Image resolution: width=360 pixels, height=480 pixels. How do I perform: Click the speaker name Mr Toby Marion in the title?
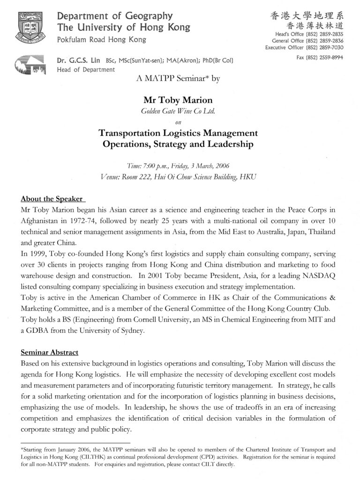[x=178, y=100]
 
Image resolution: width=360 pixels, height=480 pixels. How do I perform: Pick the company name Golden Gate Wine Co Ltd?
[x=178, y=111]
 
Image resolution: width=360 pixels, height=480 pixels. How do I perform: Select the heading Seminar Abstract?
[x=50, y=352]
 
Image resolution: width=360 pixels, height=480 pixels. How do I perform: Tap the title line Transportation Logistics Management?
[x=178, y=133]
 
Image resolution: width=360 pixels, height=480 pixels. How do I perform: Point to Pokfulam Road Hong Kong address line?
[x=101, y=40]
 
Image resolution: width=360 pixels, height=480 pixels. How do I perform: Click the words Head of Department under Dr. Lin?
[x=86, y=70]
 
